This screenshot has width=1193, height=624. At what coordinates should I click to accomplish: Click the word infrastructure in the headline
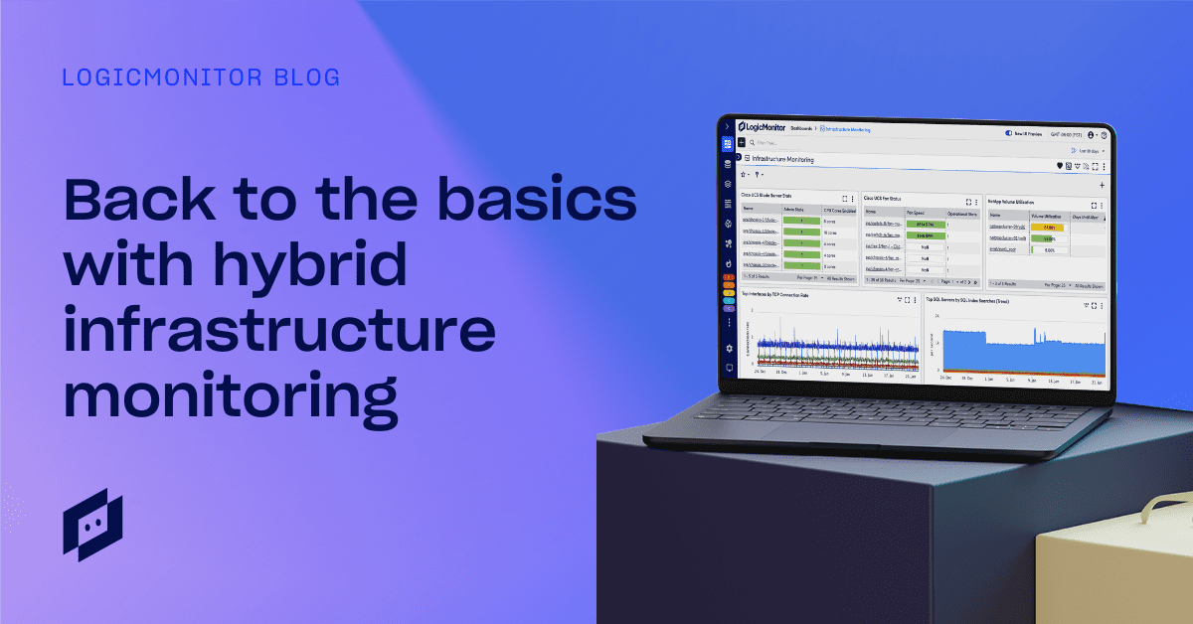pos(278,331)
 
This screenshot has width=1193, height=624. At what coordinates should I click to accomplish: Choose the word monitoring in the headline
pos(230,395)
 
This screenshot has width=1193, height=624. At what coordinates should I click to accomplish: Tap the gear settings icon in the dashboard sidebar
pos(729,349)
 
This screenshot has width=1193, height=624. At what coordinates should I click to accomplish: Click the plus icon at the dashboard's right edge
pos(1103,186)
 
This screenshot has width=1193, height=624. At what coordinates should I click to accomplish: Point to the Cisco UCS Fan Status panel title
pos(889,198)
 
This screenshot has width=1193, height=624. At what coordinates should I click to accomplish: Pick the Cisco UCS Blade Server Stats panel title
pos(771,195)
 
